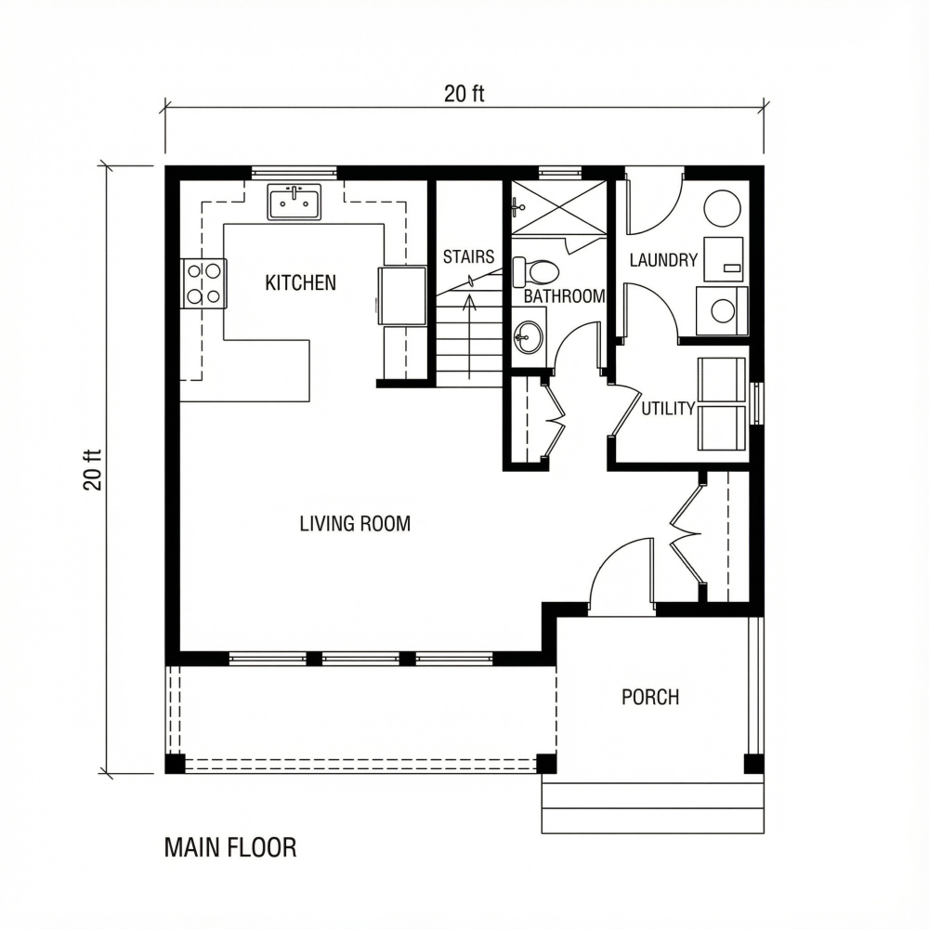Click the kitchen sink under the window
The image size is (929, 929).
294,202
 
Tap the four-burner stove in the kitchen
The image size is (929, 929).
203,283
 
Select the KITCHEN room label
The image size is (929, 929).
301,282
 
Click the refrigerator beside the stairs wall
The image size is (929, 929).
401,295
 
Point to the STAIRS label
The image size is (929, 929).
468,256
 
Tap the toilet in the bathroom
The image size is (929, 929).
536,271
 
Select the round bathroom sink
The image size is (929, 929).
529,336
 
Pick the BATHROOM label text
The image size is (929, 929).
564,296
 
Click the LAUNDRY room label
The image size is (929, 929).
663,260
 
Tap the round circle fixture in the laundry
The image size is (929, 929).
722,208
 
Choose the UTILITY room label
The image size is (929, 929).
668,409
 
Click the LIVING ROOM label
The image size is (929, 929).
355,523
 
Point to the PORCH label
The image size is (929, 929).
650,697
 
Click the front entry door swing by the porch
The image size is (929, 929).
621,576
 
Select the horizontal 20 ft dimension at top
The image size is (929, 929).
464,94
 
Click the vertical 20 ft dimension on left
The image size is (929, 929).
93,469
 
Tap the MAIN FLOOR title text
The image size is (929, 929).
230,847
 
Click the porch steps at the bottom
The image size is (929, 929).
653,807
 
